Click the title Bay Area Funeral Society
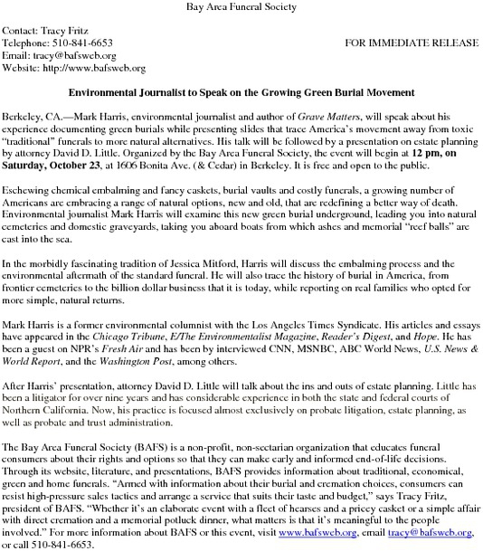click(241, 8)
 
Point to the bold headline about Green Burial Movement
click(241, 94)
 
